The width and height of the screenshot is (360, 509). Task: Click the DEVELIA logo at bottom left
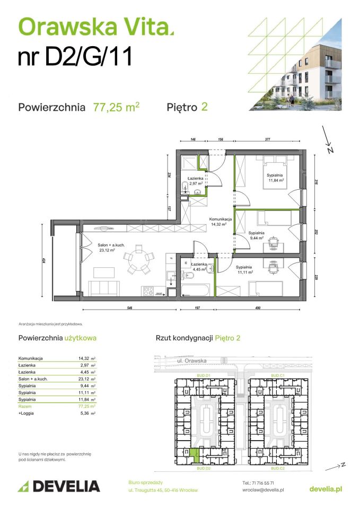click(x=59, y=486)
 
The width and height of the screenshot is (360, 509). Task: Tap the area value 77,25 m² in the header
click(x=116, y=107)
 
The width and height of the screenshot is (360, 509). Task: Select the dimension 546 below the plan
click(x=129, y=308)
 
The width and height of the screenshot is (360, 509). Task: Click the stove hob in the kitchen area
click(x=147, y=291)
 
